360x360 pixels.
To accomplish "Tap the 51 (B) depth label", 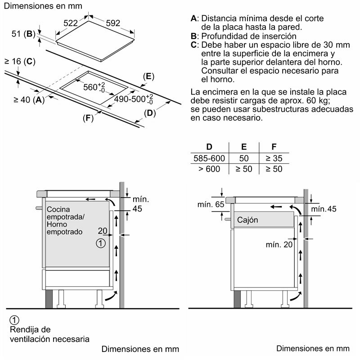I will (23, 34).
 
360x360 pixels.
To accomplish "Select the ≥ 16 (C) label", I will (20, 61).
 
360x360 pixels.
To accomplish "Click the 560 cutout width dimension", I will (94, 87).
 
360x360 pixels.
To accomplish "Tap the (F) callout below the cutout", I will (88, 118).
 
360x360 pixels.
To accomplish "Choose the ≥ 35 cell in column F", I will (274, 158).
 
